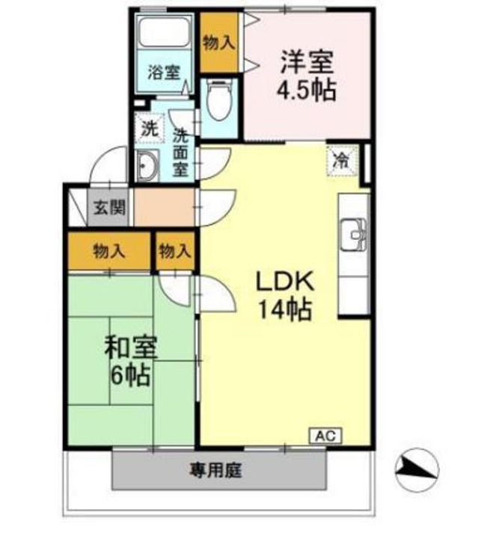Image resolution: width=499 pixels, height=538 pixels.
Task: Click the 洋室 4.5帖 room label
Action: pos(306,75)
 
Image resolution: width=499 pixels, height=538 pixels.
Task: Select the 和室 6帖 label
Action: pos(129,360)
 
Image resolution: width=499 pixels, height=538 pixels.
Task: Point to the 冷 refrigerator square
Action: pos(341,159)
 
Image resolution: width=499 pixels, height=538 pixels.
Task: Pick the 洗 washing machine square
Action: pos(150,128)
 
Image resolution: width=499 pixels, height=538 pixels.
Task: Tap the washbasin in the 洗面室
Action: pos(147,165)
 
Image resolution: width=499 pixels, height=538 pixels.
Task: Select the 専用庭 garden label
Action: pos(218,471)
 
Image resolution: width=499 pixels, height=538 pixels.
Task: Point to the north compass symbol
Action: pos(414,467)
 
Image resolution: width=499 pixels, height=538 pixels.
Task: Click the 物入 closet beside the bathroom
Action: pos(218,43)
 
